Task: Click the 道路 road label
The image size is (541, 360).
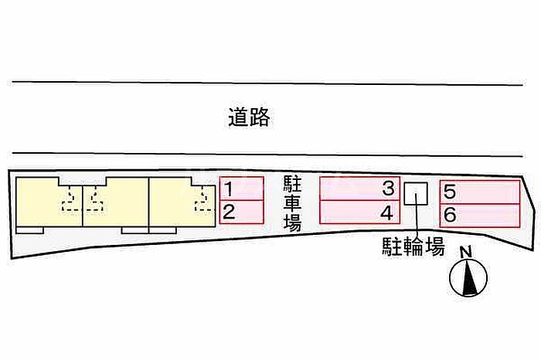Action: pos(249,117)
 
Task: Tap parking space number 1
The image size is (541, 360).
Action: pos(242,188)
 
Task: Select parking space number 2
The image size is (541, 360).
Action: pos(242,212)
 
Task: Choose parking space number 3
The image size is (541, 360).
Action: pos(359,188)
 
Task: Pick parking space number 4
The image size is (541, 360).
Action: pos(359,212)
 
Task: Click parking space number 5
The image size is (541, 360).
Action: pos(480,192)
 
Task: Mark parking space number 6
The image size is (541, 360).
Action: pos(480,216)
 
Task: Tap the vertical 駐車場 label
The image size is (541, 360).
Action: pos(292,203)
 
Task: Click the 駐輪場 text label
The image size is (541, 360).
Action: pos(413,246)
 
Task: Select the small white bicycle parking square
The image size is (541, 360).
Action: pos(416,193)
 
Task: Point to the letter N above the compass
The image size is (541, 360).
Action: pos(466,253)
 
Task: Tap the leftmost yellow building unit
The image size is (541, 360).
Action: pos(48,203)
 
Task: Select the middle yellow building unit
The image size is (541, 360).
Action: pos(116,203)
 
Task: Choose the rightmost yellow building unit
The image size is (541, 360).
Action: pos(182,203)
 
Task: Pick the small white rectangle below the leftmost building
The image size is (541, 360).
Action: pos(29,230)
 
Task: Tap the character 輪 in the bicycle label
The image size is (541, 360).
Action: pos(413,246)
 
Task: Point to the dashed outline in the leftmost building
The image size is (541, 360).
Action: pos(71,199)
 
